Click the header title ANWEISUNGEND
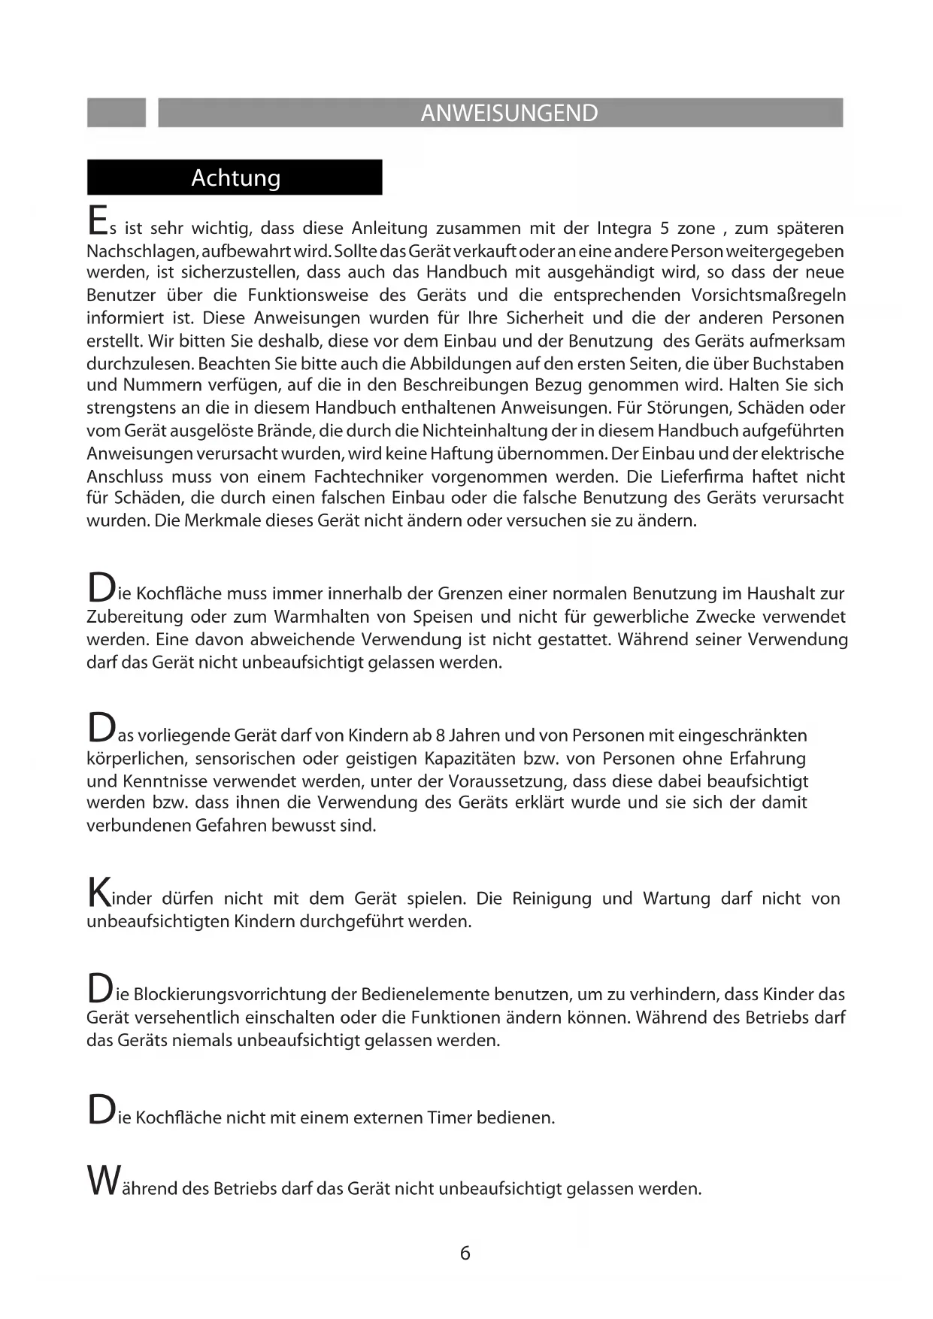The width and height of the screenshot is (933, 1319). click(509, 113)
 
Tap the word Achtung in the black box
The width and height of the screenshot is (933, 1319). click(235, 177)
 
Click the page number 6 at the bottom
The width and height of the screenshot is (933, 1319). click(465, 1253)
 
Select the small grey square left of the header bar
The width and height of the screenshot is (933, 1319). click(117, 113)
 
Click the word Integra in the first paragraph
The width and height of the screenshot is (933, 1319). click(624, 228)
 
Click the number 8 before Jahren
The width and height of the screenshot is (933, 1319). click(441, 735)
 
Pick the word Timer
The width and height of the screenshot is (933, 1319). click(449, 1117)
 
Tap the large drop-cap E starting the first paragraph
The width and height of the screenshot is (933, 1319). click(97, 220)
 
